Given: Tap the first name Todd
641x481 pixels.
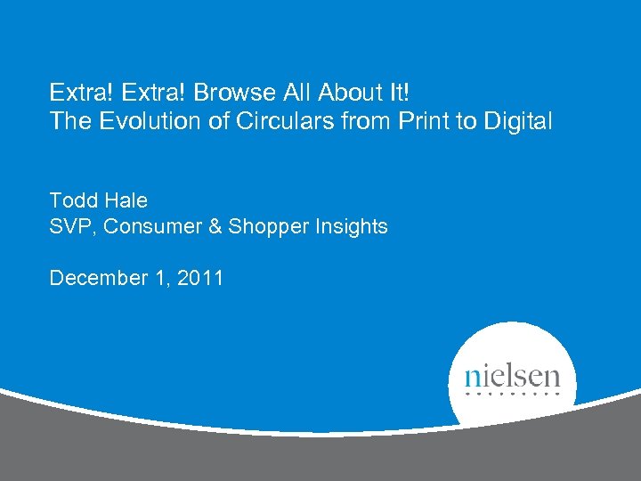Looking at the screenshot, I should coord(70,200).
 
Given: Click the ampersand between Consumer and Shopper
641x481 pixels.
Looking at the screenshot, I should coord(215,227).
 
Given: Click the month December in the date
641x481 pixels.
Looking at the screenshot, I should coord(97,279).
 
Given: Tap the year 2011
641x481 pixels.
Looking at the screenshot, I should coord(200,279).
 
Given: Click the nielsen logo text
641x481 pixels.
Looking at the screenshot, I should coord(512,374).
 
